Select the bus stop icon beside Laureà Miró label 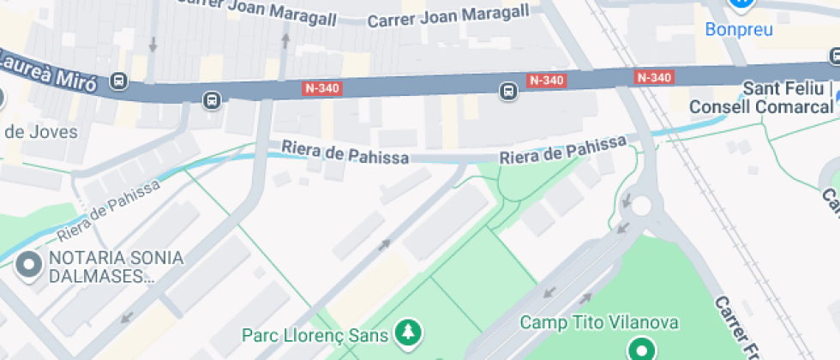click(x=119, y=82)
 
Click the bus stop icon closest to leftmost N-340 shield click(x=212, y=101)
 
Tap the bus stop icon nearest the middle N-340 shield click(x=508, y=90)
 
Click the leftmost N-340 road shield click(x=322, y=87)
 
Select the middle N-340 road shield click(x=547, y=81)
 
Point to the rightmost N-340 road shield click(x=654, y=77)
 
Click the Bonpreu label click(x=739, y=30)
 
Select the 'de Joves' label click(x=40, y=132)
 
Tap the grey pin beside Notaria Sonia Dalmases click(x=30, y=266)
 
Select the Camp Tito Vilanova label click(x=600, y=323)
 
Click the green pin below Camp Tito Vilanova click(x=640, y=349)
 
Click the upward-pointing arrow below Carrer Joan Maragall click(x=285, y=39)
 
